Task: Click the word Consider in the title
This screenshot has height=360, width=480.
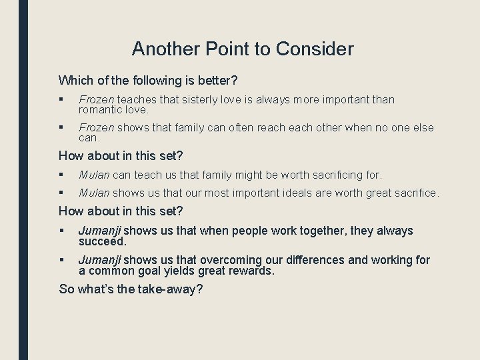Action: click(315, 49)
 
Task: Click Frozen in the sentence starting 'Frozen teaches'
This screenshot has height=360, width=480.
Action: click(96, 100)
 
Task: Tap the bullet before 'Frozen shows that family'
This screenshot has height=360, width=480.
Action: click(61, 128)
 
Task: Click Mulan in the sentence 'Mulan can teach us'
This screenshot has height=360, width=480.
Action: click(94, 175)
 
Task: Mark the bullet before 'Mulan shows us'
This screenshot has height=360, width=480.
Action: click(61, 193)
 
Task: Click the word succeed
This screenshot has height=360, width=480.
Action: click(102, 241)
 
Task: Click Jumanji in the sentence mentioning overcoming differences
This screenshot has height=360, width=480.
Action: click(100, 260)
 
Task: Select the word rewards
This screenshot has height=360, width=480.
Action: click(248, 271)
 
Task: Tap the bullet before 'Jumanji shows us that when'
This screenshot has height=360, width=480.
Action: click(61, 231)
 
